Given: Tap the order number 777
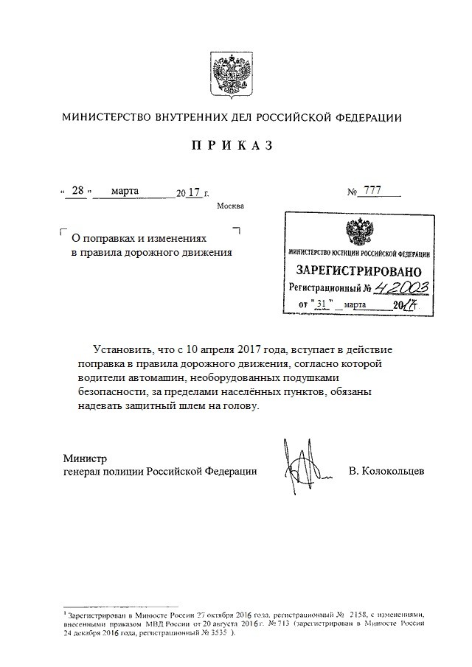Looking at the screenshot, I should [x=372, y=192].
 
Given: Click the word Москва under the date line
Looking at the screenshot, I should [x=229, y=206].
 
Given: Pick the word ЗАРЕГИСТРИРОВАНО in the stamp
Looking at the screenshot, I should [x=355, y=270].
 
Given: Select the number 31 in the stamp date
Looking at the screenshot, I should [x=321, y=304].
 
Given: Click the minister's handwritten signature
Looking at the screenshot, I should [x=303, y=465].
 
